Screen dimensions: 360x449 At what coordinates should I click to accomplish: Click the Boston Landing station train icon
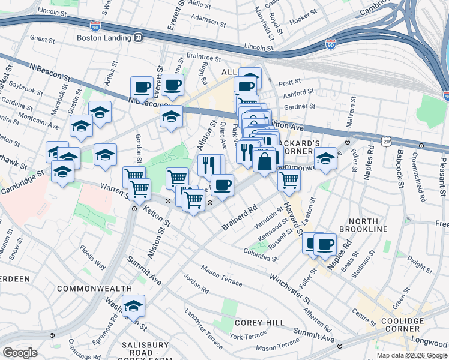click(x=139, y=38)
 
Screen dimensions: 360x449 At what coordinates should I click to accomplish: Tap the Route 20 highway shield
click(x=386, y=140)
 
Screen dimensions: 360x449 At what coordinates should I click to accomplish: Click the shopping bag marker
click(x=264, y=160)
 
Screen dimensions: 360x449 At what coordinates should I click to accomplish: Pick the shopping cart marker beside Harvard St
click(x=289, y=179)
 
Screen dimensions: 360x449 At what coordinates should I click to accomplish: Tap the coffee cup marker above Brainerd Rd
click(x=222, y=185)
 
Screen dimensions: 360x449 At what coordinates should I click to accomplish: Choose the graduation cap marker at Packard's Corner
click(x=325, y=159)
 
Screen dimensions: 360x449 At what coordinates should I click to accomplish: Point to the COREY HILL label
click(x=259, y=323)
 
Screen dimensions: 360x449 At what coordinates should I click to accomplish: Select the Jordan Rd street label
click(x=196, y=284)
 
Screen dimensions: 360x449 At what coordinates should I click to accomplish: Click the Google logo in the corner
click(x=20, y=353)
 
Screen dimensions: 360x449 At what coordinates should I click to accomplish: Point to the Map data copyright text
click(x=412, y=355)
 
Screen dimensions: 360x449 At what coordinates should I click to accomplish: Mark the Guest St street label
click(x=42, y=38)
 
